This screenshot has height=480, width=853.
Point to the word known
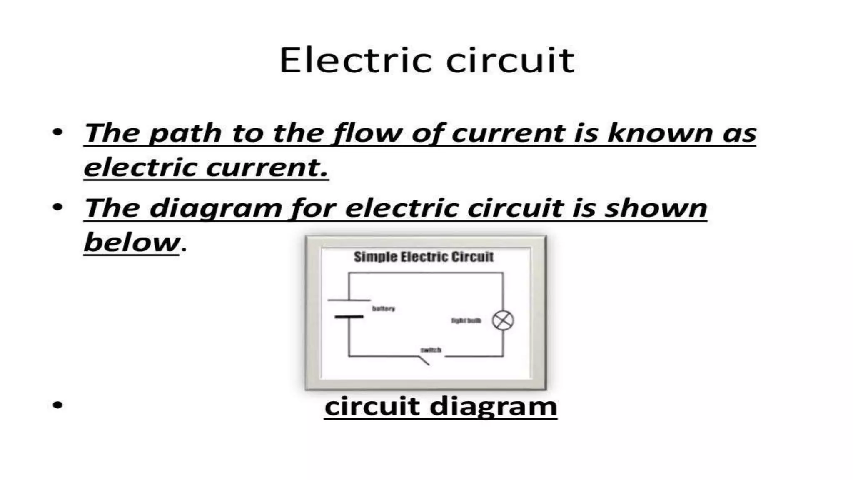(x=660, y=133)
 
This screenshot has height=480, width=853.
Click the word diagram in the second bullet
(x=216, y=208)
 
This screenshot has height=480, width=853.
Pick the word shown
(x=656, y=208)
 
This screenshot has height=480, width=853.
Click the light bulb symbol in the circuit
(x=503, y=321)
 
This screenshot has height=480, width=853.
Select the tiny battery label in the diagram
(x=383, y=309)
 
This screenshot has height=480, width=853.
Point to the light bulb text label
(x=466, y=320)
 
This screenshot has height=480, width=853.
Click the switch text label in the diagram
(x=431, y=350)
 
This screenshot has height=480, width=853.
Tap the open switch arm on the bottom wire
(x=424, y=361)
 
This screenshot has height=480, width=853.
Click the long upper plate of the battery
(x=349, y=300)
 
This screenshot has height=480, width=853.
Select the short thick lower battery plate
(x=349, y=317)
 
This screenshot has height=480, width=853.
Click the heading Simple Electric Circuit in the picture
(x=424, y=257)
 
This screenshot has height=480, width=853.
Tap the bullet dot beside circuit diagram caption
(x=58, y=405)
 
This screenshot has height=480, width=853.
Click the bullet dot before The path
(x=58, y=132)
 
